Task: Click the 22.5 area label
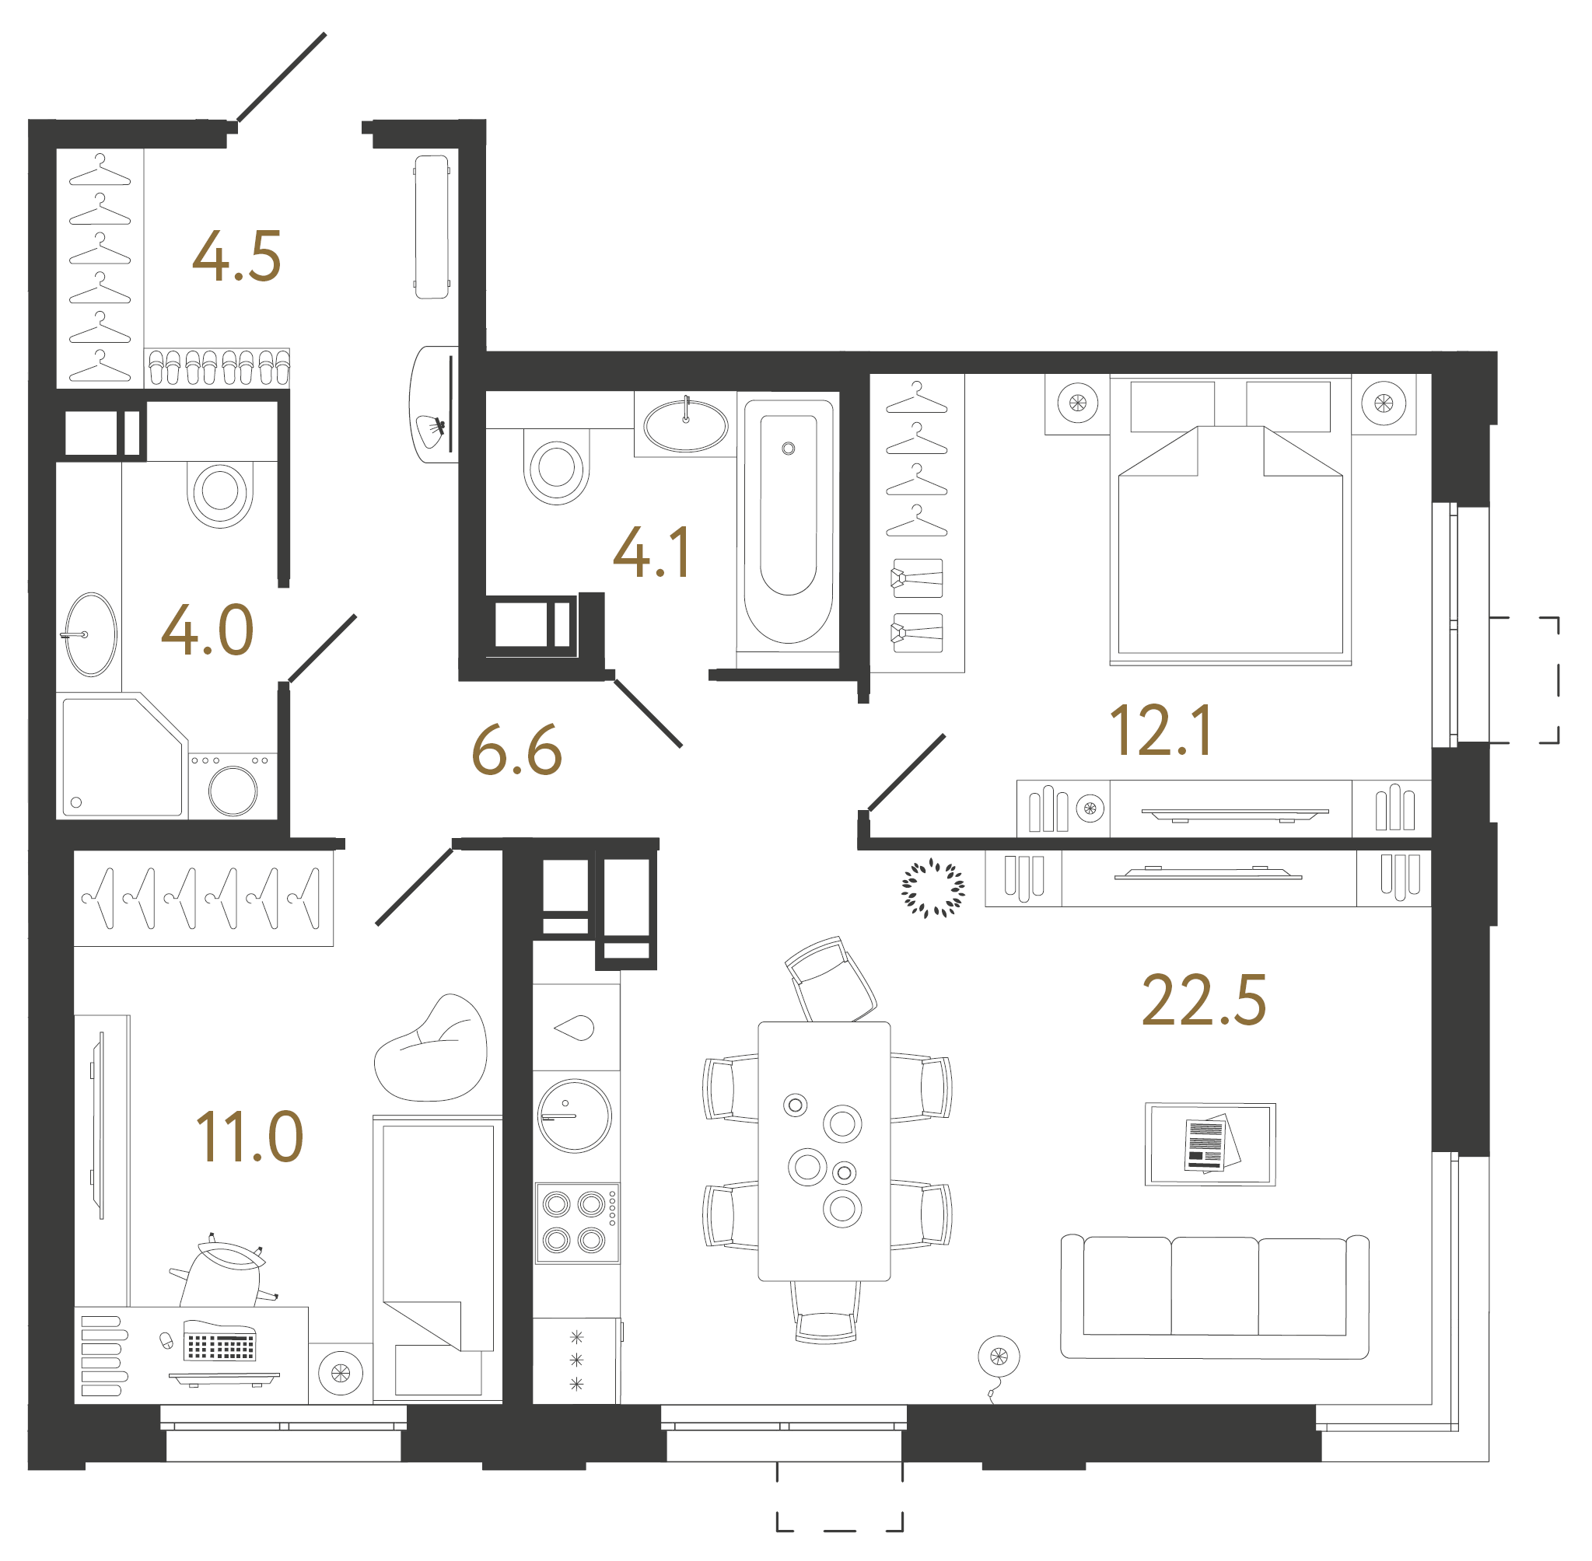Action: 1203,1001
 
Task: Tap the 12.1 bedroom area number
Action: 1160,732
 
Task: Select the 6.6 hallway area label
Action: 516,751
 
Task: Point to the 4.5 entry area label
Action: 236,257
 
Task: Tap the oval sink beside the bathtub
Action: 686,425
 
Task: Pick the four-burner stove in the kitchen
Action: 576,1222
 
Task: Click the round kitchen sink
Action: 574,1116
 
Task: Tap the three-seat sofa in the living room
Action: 1214,1296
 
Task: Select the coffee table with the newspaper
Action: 1210,1144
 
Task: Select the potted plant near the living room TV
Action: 932,888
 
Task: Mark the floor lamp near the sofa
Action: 998,1357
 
